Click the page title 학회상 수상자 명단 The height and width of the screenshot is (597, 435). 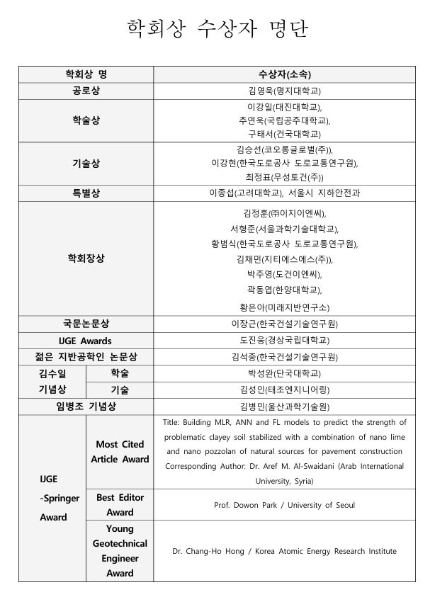tap(217, 29)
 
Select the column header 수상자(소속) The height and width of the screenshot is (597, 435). tap(284, 74)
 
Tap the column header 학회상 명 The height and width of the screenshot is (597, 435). tap(86, 74)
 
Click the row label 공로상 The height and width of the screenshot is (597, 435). tap(86, 91)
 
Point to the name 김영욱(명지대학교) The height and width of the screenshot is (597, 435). tap(284, 91)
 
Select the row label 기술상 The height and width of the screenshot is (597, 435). tap(86, 164)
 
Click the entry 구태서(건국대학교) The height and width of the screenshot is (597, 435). tap(284, 134)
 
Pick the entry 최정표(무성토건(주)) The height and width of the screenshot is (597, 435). tap(284, 177)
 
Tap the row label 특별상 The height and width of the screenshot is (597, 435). tap(86, 193)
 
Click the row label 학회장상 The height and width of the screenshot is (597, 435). tap(86, 258)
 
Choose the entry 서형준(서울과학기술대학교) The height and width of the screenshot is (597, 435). tap(284, 229)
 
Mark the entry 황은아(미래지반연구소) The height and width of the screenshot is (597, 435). tap(284, 307)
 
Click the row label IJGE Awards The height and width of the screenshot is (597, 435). tap(86, 341)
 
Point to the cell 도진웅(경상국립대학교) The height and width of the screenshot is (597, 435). tap(284, 341)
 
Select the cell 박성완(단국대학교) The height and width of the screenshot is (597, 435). tap(284, 373)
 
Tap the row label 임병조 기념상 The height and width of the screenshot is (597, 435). tap(86, 406)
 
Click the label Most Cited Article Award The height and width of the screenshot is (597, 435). tap(120, 452)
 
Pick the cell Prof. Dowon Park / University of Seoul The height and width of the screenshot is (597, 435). tap(284, 505)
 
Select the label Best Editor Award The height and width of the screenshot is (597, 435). tap(120, 505)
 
